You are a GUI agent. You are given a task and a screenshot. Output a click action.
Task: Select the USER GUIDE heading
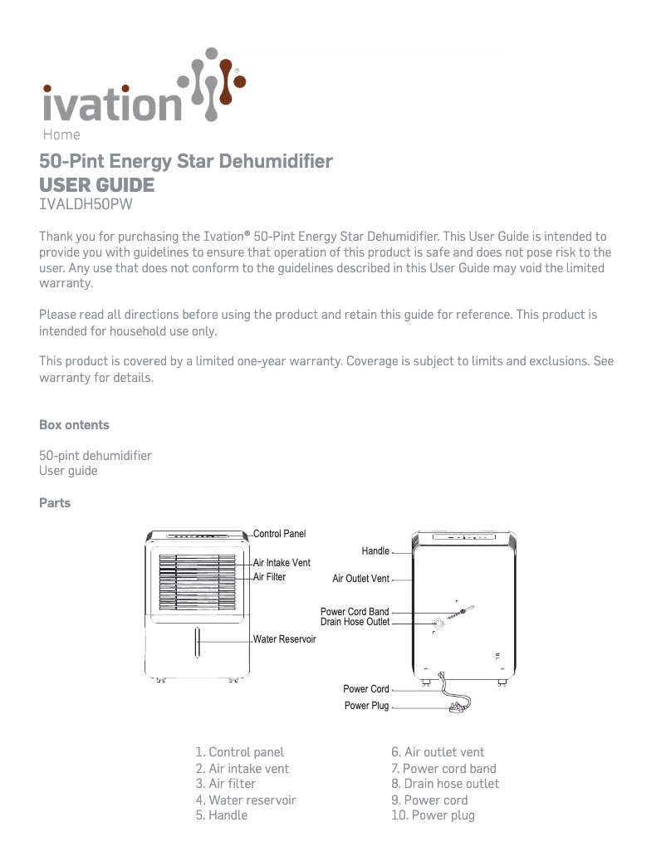[96, 184]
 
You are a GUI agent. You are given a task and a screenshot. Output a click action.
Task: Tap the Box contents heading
[74, 425]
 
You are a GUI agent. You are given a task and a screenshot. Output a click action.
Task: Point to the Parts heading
[55, 503]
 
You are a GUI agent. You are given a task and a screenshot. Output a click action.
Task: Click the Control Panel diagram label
[279, 533]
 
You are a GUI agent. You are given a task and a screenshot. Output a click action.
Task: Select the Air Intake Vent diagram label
[282, 563]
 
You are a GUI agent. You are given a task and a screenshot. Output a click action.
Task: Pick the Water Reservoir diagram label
[284, 639]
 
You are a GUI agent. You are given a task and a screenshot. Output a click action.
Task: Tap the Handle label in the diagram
[375, 551]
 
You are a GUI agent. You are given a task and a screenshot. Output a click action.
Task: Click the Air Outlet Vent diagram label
[360, 579]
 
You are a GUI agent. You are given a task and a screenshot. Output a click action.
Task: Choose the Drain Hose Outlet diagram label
[355, 622]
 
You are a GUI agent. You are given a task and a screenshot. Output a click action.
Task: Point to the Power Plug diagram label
[366, 706]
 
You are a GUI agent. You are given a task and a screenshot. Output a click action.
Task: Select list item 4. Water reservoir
[246, 800]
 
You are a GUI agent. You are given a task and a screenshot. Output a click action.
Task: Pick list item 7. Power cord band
[443, 769]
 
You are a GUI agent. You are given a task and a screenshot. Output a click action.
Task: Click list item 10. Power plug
[433, 815]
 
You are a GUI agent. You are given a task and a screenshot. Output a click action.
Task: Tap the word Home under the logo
[61, 135]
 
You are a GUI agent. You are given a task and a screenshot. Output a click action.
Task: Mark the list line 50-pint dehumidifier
[95, 456]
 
